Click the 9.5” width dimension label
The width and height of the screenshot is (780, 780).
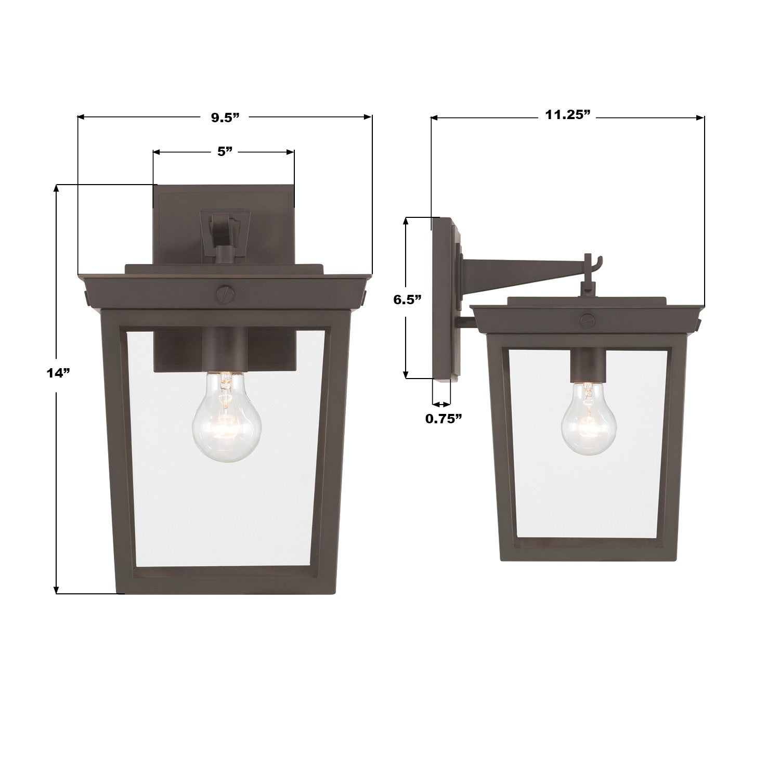(225, 118)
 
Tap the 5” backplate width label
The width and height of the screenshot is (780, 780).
(224, 152)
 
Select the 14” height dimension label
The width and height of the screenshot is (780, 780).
(57, 373)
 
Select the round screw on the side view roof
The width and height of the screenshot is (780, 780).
(587, 321)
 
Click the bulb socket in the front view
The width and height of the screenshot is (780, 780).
(224, 351)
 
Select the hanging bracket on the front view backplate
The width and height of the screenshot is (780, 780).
(224, 229)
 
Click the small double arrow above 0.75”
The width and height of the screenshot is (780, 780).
(441, 404)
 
